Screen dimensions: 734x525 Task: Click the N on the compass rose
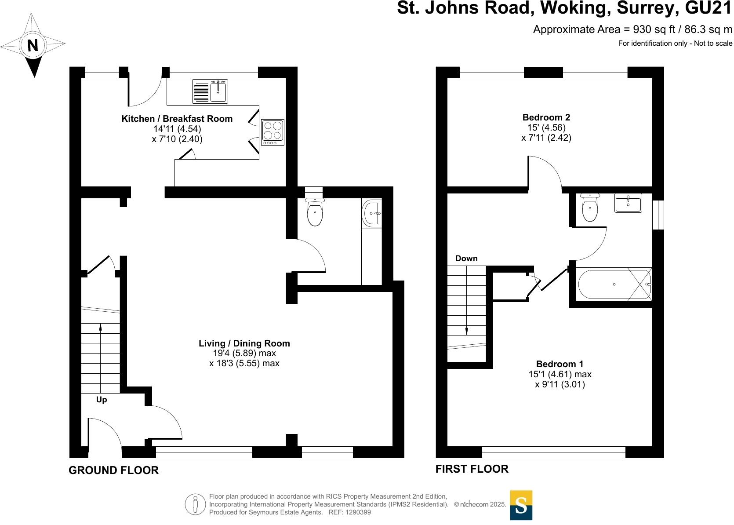(33, 45)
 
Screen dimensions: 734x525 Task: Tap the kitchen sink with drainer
(210, 91)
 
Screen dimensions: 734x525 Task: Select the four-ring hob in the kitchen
(273, 132)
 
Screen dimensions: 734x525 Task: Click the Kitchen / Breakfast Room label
(177, 119)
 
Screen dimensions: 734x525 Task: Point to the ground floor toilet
(315, 211)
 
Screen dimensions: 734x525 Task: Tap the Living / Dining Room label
(244, 343)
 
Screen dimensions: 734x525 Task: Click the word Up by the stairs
(102, 400)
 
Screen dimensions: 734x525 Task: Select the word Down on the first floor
(466, 258)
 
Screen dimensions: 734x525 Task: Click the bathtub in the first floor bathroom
(614, 284)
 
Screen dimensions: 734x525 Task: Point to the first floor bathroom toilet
(590, 207)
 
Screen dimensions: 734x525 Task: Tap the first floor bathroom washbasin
(628, 203)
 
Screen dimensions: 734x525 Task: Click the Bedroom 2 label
(546, 117)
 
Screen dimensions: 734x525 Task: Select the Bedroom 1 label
(560, 364)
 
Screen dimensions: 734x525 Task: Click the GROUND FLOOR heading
(113, 470)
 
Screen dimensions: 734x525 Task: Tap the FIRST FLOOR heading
(472, 469)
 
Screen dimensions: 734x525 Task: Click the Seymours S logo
(521, 505)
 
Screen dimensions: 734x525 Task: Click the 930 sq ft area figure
(654, 29)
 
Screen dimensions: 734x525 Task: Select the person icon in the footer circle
(196, 504)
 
